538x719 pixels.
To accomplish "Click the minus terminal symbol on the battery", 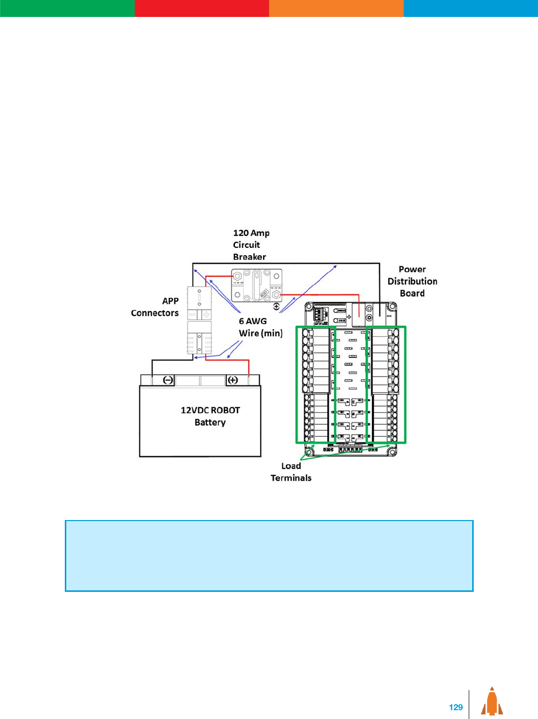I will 168,380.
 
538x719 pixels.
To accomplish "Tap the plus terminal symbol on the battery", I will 233,380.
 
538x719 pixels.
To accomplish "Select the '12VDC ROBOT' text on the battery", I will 210,410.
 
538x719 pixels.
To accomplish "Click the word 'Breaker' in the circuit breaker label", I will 249,257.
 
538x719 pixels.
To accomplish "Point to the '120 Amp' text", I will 251,233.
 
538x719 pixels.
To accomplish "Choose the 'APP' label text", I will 170,301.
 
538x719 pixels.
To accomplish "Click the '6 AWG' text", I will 253,321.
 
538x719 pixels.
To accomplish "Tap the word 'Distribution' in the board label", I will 412,281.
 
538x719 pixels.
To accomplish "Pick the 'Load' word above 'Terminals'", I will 291,466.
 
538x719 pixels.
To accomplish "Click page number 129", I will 456,707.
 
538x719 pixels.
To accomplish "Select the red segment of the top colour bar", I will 201,8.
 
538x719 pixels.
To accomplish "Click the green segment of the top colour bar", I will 67,8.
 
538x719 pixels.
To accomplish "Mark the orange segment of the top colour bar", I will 336,8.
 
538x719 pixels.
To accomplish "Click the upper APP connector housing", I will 199,303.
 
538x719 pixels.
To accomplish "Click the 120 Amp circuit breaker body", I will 256,286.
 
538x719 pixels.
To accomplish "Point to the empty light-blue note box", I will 269,556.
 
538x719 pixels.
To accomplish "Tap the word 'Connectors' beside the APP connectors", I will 155,313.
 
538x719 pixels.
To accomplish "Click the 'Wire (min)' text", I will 260,333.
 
